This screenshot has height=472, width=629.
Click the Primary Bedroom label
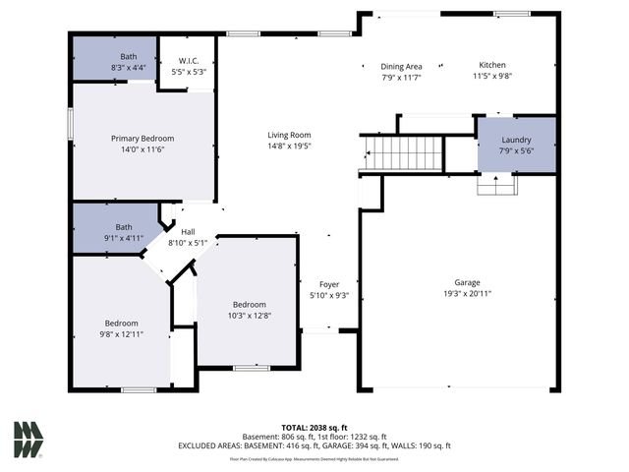(x=143, y=139)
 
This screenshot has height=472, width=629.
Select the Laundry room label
(x=516, y=141)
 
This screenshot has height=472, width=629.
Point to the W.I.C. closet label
(x=189, y=61)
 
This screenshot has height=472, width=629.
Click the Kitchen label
(x=492, y=65)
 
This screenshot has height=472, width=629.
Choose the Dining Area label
(x=401, y=66)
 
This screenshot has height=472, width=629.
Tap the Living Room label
(x=289, y=135)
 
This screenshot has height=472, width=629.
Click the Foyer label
(x=329, y=284)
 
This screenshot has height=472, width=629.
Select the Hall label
(x=188, y=232)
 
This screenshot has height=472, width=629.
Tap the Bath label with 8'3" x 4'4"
(x=114, y=57)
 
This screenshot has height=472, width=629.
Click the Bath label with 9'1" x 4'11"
(x=123, y=227)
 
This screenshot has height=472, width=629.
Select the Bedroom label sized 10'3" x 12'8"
(x=249, y=305)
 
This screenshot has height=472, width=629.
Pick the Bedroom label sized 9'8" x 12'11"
(x=122, y=324)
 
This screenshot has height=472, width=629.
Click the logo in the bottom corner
(x=29, y=440)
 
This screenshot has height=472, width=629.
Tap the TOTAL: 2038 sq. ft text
(x=314, y=428)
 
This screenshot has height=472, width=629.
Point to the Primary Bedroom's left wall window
(x=70, y=123)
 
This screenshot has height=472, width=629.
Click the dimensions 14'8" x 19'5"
(x=289, y=146)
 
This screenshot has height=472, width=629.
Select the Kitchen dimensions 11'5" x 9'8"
(x=492, y=76)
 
